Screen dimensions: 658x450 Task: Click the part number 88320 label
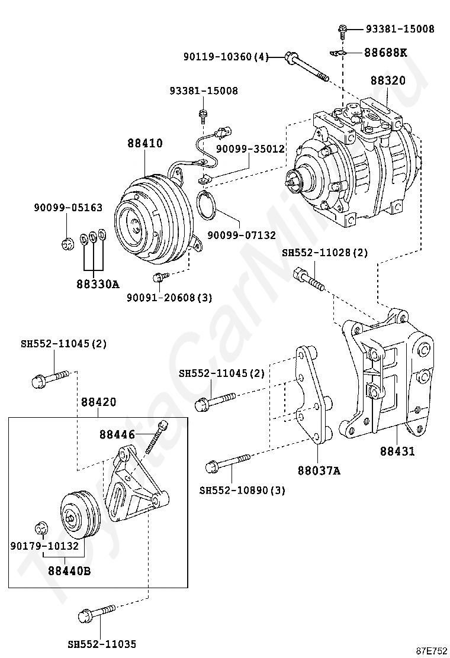tap(388, 80)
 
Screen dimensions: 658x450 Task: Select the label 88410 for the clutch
tap(144, 143)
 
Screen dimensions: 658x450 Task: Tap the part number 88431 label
tap(397, 451)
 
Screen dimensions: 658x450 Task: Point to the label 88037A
tap(319, 471)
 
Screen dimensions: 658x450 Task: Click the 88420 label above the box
tap(98, 402)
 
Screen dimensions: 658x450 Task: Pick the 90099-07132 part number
tap(242, 235)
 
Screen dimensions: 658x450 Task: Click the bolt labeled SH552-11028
tap(308, 279)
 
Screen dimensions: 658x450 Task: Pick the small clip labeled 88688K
tap(338, 54)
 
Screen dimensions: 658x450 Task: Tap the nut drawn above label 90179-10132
tap(41, 527)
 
